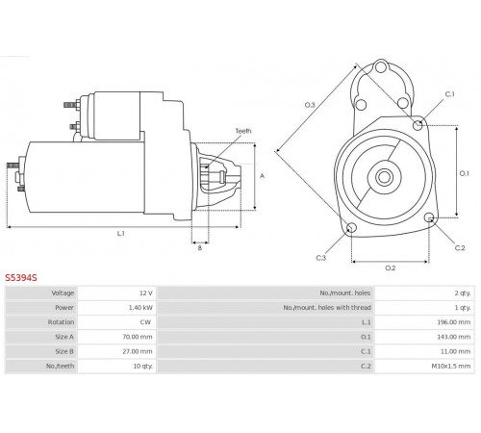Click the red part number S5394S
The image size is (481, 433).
[x=21, y=277]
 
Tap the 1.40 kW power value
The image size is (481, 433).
[x=140, y=308]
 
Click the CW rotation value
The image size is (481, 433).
[x=145, y=322]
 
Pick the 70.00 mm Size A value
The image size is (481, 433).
[x=138, y=337]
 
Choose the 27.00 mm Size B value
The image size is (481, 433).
[x=138, y=351]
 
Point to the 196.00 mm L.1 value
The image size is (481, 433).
[x=454, y=322]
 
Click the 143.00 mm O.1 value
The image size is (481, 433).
[x=454, y=337]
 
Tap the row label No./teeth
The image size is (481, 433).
[x=60, y=366]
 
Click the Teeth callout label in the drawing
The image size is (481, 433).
[x=243, y=131]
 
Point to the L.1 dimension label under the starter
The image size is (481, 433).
[x=120, y=234]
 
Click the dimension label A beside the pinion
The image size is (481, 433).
[x=262, y=176]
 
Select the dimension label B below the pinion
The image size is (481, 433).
[x=200, y=248]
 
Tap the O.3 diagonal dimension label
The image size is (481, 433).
[x=310, y=105]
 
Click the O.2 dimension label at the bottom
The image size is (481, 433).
[x=391, y=267]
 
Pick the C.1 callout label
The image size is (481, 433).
[x=450, y=94]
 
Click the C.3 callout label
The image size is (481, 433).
[x=321, y=258]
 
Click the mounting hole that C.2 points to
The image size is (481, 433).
[x=429, y=218]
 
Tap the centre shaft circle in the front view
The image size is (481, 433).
[x=384, y=177]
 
